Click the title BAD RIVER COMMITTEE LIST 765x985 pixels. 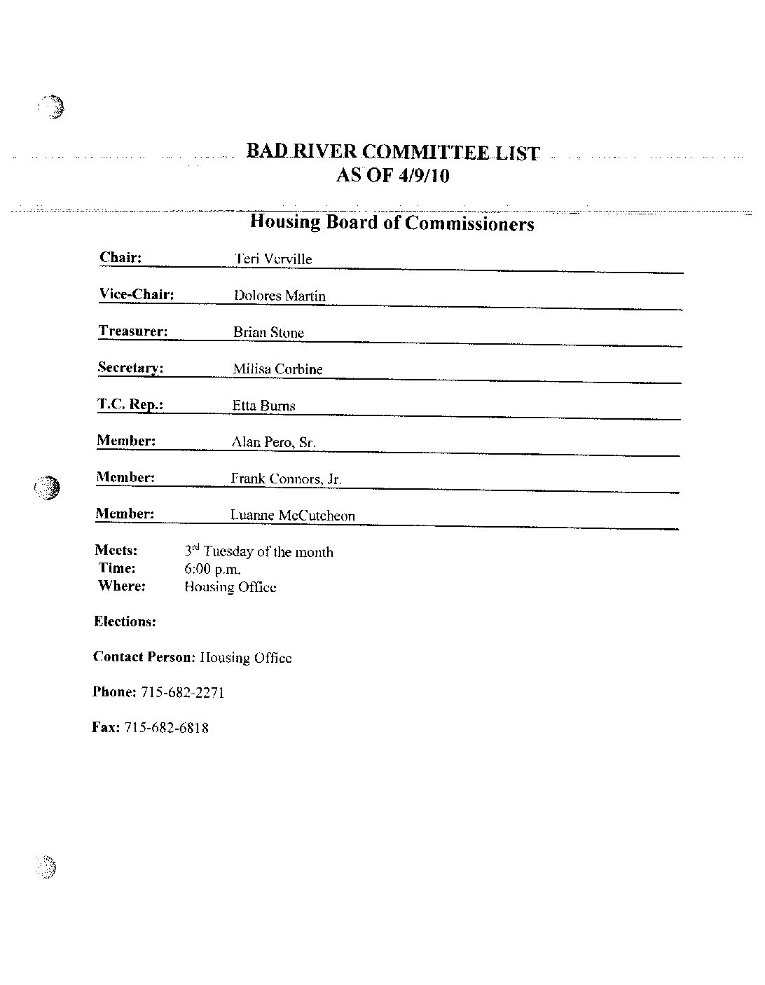click(x=393, y=152)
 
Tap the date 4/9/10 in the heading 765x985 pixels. click(x=422, y=175)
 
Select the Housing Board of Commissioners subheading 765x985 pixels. click(x=392, y=223)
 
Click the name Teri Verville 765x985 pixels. click(x=273, y=259)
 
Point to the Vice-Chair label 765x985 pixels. click(x=137, y=294)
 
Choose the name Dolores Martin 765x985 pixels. click(x=280, y=296)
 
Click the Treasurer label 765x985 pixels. click(x=133, y=331)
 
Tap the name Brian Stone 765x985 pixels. click(x=269, y=332)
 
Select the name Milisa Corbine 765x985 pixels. click(x=277, y=368)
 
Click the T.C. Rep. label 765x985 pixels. click(x=130, y=404)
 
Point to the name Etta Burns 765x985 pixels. click(x=264, y=405)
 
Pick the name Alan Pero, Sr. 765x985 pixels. click(x=273, y=442)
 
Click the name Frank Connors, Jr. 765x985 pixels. click(x=286, y=479)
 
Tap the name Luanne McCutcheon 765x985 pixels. click(x=293, y=516)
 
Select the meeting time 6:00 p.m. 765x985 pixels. click(x=212, y=570)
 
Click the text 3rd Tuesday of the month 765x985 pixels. click(x=259, y=551)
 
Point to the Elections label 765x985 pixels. click(x=125, y=621)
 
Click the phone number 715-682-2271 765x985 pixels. click(x=182, y=692)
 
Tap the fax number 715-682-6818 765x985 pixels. click(x=166, y=728)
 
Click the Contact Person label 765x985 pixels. click(x=143, y=657)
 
